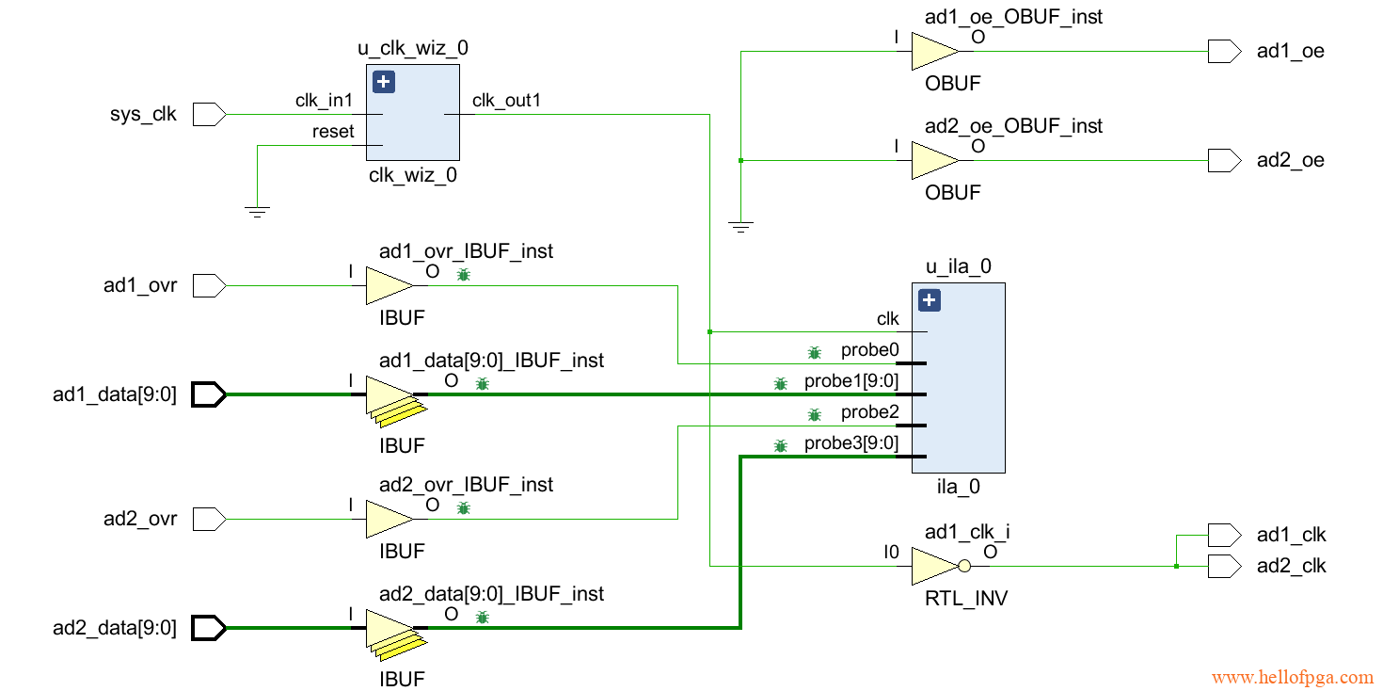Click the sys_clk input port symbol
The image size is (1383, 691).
(209, 115)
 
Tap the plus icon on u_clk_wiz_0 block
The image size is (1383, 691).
(384, 82)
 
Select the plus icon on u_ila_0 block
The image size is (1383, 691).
(929, 300)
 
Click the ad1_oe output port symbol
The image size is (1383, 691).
(1224, 52)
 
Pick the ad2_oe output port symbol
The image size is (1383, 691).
(1224, 161)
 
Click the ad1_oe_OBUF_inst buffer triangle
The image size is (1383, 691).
(932, 52)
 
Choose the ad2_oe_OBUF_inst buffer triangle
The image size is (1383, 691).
(932, 161)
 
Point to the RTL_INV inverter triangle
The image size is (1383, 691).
(933, 567)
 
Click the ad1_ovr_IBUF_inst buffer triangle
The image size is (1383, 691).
(387, 285)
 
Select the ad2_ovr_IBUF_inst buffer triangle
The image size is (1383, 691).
(387, 519)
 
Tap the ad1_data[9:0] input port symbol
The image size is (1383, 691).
(209, 394)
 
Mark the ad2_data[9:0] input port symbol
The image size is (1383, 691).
(209, 628)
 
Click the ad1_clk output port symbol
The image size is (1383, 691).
(1224, 536)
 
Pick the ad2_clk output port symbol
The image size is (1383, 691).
(1224, 567)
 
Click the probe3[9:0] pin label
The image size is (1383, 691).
(850, 443)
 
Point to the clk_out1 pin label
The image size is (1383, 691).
(506, 101)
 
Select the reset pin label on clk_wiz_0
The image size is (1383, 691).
(333, 132)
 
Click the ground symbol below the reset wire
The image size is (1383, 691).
(256, 211)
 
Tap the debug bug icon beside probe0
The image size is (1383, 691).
(815, 352)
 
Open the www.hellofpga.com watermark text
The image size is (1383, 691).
(1292, 677)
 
